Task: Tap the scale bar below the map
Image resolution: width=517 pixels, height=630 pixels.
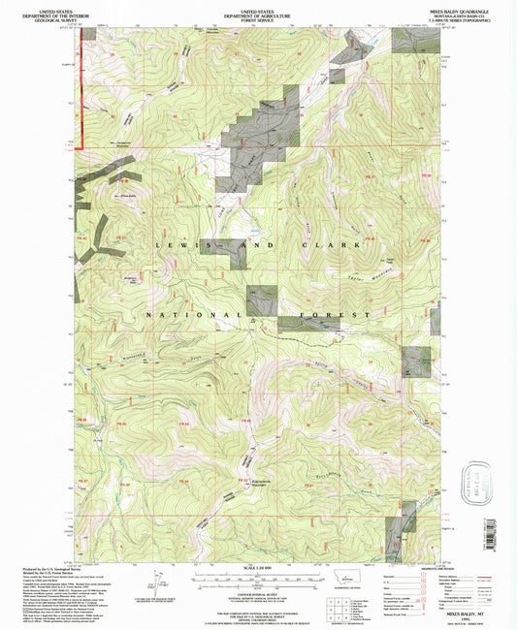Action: click(x=255, y=580)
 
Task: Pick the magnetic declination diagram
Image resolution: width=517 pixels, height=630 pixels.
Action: click(x=155, y=583)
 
